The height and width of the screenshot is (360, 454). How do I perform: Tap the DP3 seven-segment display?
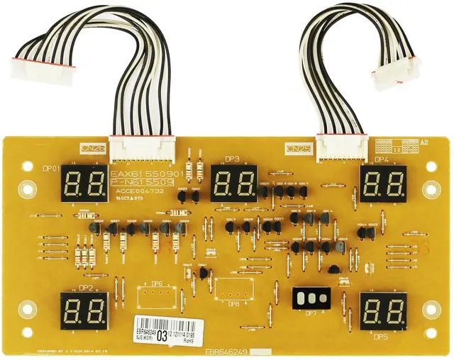click(233, 184)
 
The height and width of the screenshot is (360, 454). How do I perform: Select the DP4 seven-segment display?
click(383, 184)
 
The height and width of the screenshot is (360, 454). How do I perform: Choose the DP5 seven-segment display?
click(383, 310)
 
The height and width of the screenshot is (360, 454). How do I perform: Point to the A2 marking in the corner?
click(425, 142)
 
